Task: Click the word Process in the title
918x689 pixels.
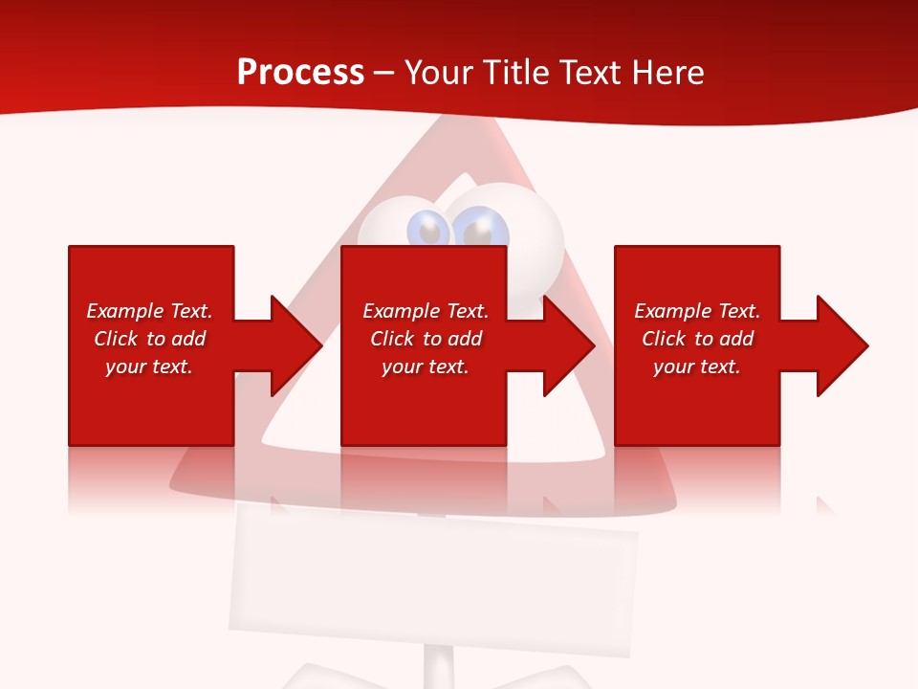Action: (x=300, y=73)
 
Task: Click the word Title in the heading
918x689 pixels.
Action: (x=515, y=73)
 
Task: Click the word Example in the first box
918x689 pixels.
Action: (x=124, y=311)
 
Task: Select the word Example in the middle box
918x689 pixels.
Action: (x=401, y=311)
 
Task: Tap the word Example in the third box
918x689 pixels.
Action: (x=672, y=311)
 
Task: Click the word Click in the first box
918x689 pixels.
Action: (x=116, y=339)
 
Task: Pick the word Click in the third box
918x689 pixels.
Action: (x=664, y=339)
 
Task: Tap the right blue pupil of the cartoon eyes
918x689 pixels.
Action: (x=483, y=229)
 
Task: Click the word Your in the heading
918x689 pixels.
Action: (x=438, y=73)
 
